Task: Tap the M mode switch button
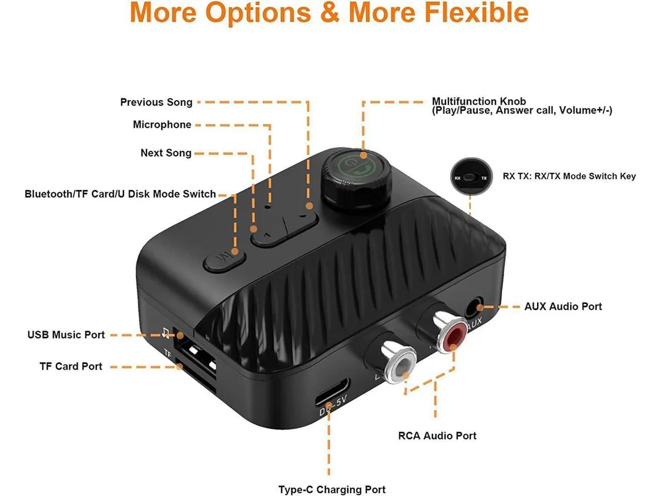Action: tap(225, 260)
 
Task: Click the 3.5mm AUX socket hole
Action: tap(474, 308)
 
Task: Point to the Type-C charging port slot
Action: tap(332, 391)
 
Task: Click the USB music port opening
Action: tap(195, 352)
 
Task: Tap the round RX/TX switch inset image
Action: tap(472, 176)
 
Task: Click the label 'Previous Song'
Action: tap(156, 102)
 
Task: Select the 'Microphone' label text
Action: tap(162, 125)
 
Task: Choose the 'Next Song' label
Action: tap(166, 153)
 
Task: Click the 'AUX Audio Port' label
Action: tap(563, 306)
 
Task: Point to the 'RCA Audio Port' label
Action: tap(437, 435)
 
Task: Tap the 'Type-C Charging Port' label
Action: tap(332, 489)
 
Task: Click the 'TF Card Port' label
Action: tap(71, 366)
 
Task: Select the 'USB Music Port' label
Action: tap(66, 335)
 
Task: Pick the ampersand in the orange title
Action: tap(330, 12)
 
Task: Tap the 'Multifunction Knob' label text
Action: tap(479, 101)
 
